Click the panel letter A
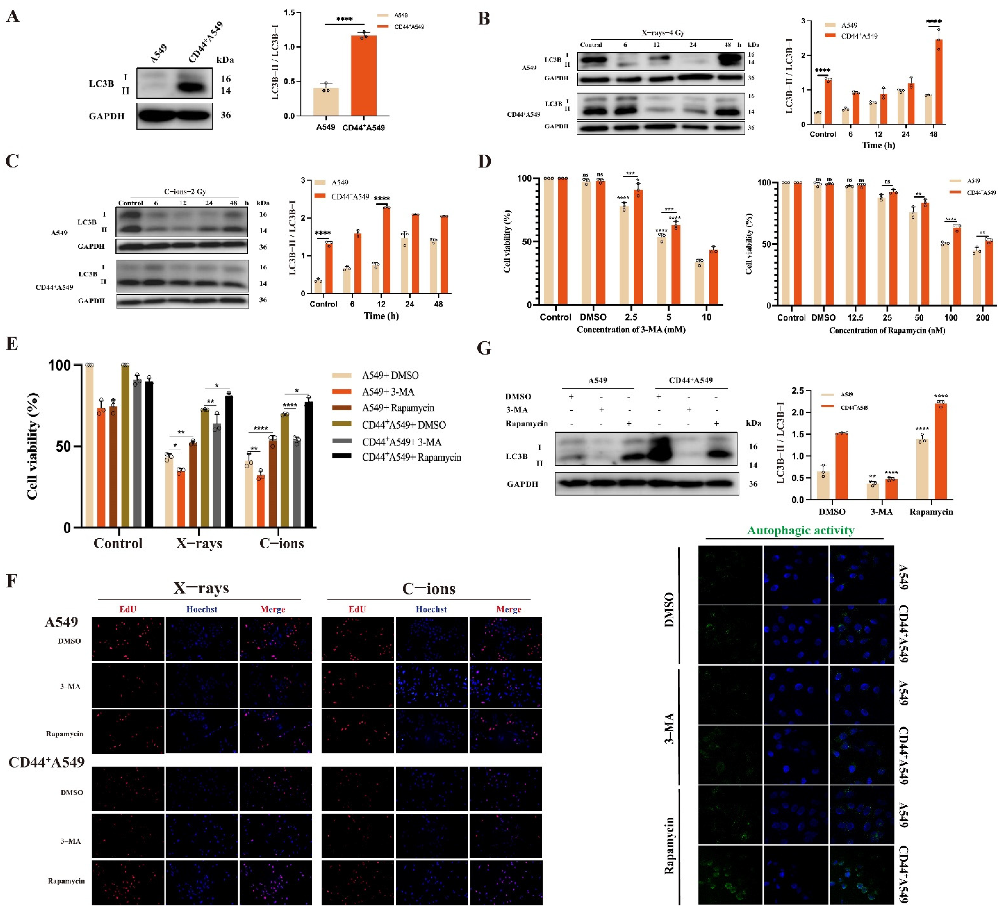click(13, 16)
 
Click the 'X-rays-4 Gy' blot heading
click(663, 33)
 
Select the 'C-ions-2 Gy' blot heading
click(185, 191)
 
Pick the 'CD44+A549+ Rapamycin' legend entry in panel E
click(412, 457)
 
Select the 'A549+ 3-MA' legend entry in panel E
click(388, 392)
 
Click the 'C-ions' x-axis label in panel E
click(281, 543)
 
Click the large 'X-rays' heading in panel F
click(201, 588)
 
